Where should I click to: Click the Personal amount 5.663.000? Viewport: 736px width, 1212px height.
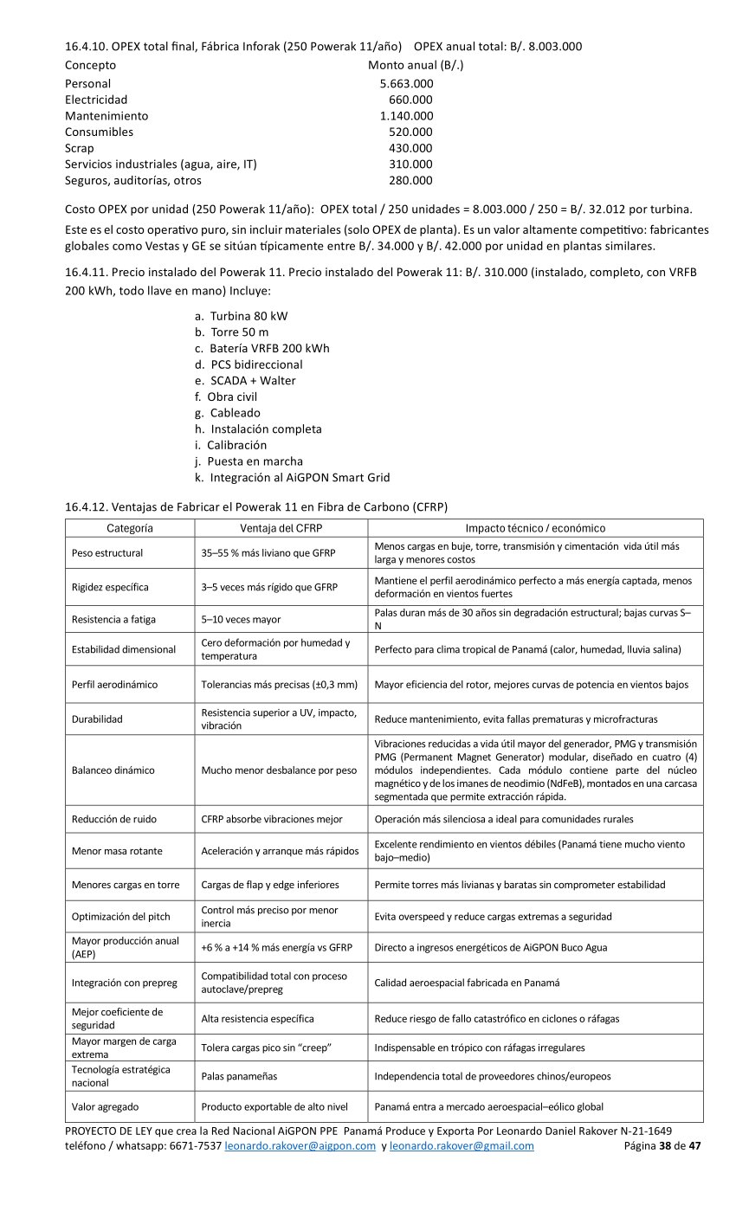click(x=406, y=84)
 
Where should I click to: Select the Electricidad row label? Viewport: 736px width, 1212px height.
click(x=96, y=100)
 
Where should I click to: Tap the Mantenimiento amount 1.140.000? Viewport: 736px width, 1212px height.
click(x=406, y=116)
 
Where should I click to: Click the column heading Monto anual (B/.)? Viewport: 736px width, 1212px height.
click(x=416, y=65)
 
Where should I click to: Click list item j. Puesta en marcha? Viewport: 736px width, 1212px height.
click(x=249, y=461)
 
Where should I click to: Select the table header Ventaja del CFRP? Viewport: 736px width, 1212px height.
click(x=281, y=528)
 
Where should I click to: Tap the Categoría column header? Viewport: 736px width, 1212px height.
click(x=130, y=528)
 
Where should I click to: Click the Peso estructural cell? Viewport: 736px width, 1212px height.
click(x=107, y=553)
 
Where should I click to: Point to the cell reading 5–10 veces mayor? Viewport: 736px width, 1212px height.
click(x=241, y=619)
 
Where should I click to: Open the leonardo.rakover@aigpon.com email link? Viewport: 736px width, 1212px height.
click(x=300, y=1146)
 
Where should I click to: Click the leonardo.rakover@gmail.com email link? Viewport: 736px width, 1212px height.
click(x=462, y=1146)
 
